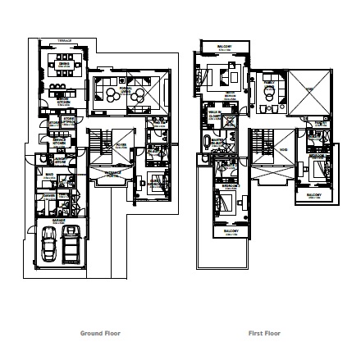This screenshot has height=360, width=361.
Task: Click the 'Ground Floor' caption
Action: coord(100,334)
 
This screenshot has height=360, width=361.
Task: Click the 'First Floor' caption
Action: coord(264,334)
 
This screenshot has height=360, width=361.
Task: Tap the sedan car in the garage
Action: coord(49,242)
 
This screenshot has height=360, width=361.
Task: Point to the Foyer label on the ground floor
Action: coord(121,144)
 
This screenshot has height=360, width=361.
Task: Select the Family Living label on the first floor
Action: coord(230,97)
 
